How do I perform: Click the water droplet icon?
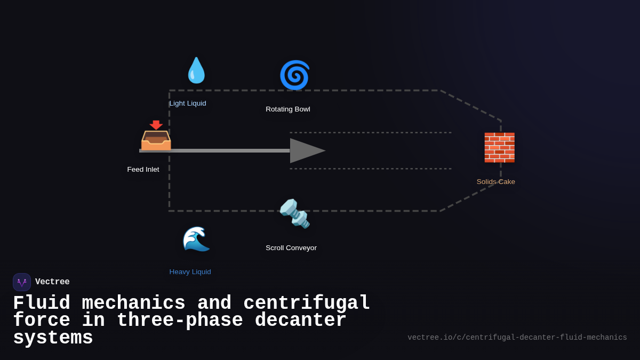click(196, 70)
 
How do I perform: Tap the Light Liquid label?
click(188, 103)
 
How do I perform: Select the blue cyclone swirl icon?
click(294, 75)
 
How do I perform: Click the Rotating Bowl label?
click(288, 109)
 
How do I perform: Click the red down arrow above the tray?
click(156, 125)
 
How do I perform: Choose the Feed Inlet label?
click(143, 170)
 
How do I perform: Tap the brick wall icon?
click(499, 148)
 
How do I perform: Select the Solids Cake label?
click(496, 182)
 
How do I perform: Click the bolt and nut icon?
click(294, 213)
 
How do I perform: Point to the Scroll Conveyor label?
click(291, 248)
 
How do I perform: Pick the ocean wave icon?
click(196, 239)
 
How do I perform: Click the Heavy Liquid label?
click(190, 272)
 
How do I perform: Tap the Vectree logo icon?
click(22, 282)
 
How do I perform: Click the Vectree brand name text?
click(52, 282)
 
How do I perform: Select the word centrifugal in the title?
click(307, 303)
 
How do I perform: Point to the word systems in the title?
click(53, 338)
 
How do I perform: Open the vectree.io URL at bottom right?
click(517, 338)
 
